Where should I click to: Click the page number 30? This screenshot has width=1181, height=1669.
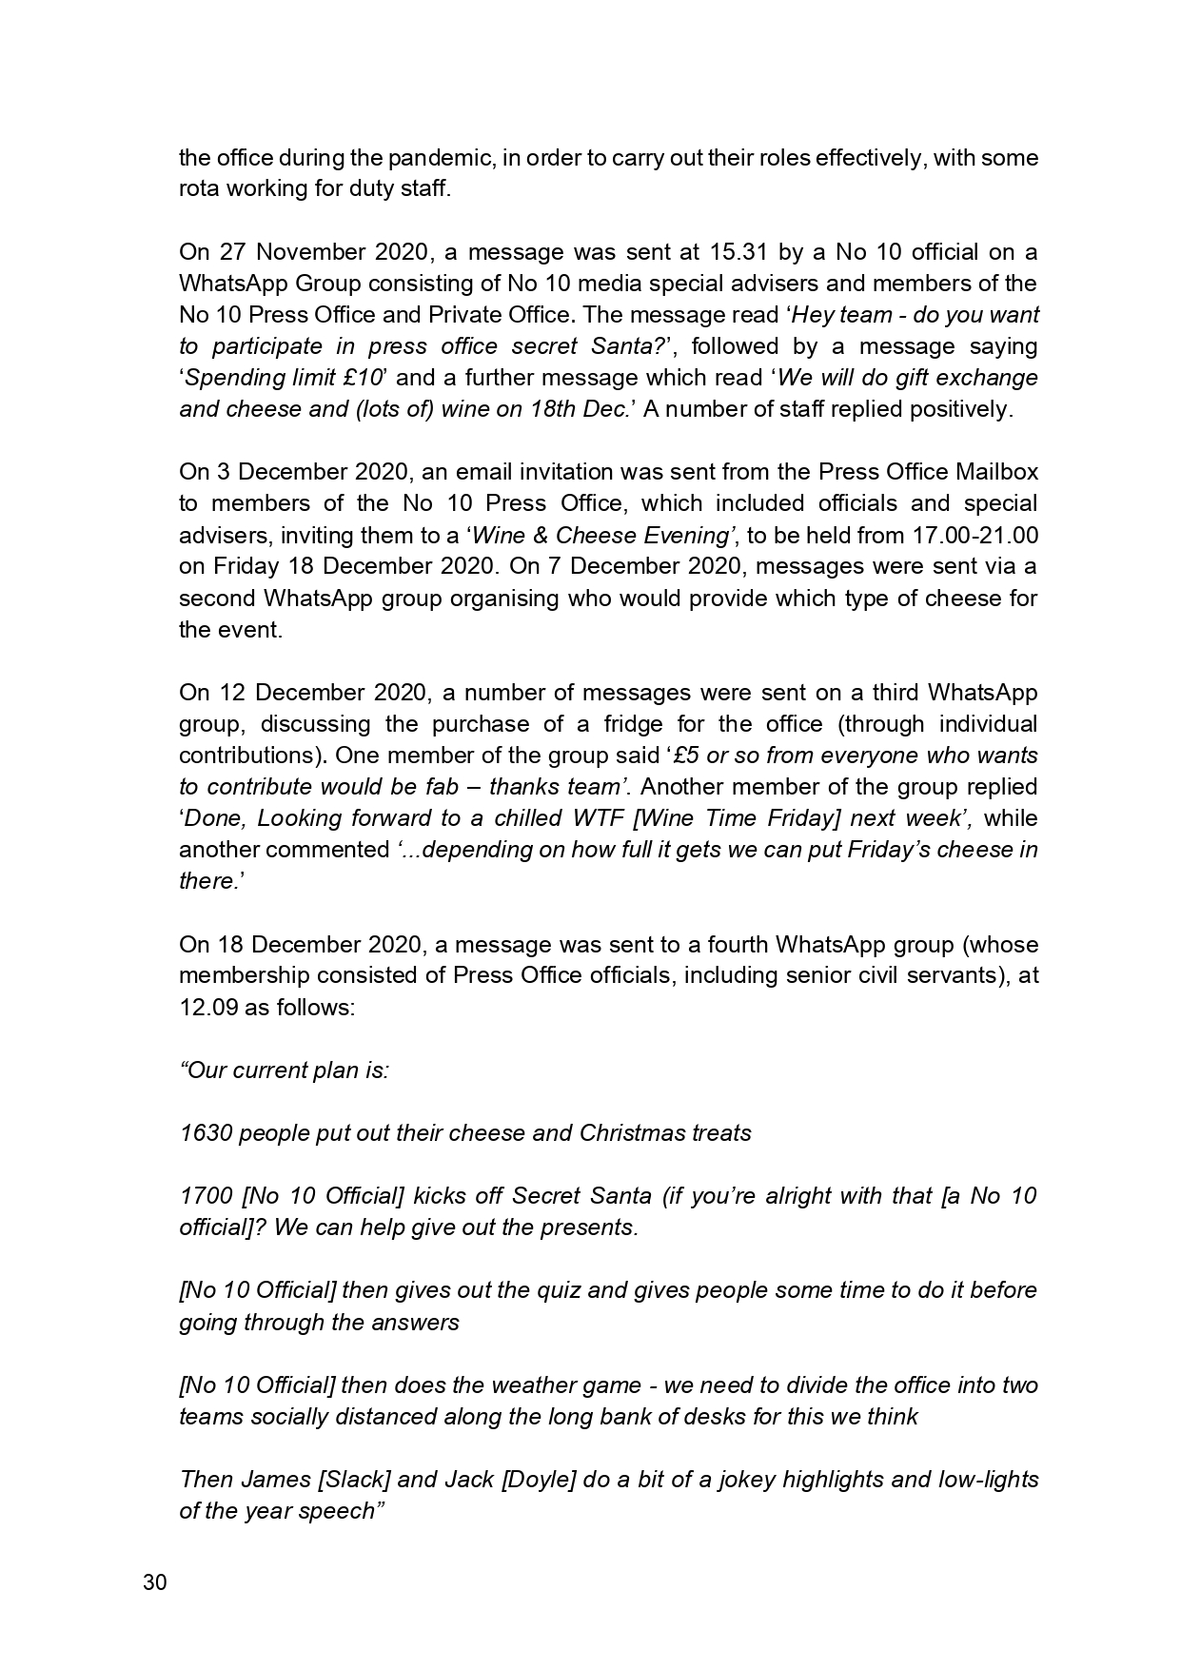point(155,1583)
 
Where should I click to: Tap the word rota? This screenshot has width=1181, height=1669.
point(200,189)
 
